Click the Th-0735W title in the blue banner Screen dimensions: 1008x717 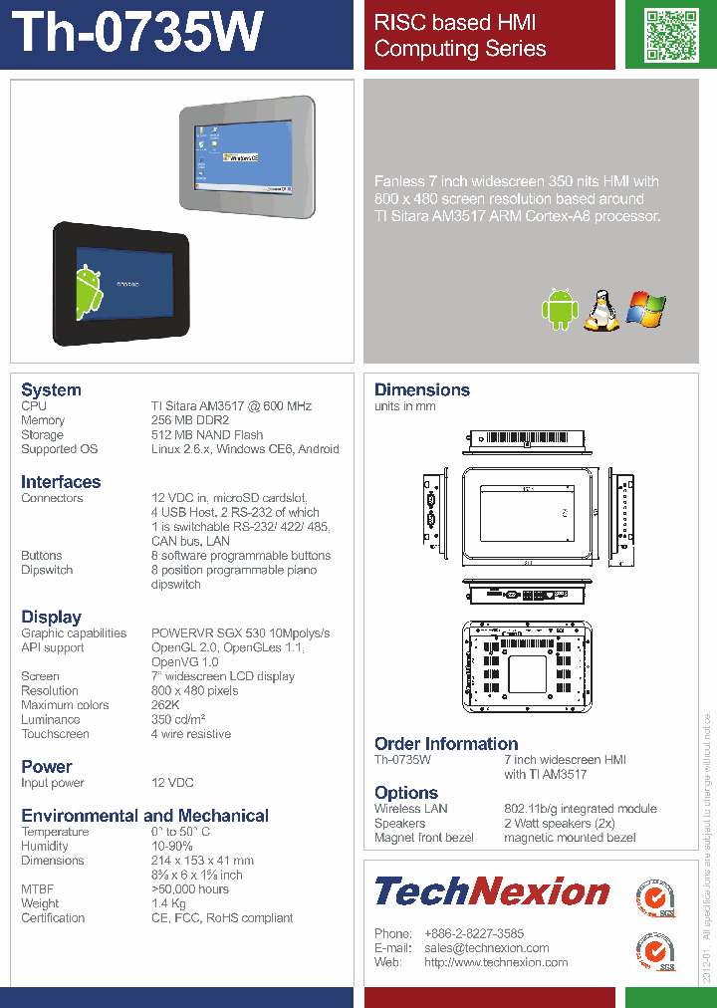tap(140, 33)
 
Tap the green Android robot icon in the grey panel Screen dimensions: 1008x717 tap(560, 309)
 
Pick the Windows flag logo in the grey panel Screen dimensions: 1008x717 tap(645, 310)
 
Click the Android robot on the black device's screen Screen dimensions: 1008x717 tap(89, 293)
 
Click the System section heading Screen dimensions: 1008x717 tap(51, 389)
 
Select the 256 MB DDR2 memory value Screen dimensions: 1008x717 tap(190, 420)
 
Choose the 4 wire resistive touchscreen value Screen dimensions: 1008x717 tap(191, 734)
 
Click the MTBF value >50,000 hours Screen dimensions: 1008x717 tap(189, 889)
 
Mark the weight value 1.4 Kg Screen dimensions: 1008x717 tap(168, 903)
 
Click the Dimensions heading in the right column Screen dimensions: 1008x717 tap(422, 389)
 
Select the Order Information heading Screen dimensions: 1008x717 tap(446, 743)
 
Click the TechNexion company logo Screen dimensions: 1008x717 tap(492, 890)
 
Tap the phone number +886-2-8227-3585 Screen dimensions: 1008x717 tap(474, 933)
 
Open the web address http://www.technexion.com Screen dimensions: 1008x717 tap(496, 962)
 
